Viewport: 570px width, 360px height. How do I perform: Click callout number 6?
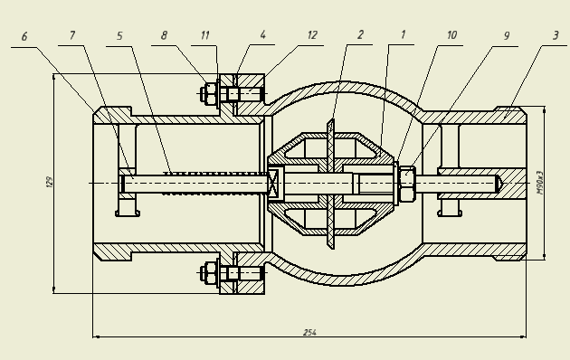(24, 37)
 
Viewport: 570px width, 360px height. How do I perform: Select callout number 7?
(72, 35)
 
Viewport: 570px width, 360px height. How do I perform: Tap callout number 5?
(119, 35)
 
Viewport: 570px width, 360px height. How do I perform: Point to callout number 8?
(164, 35)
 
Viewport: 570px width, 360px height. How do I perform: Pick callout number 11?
(205, 35)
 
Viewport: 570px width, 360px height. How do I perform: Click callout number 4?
(262, 34)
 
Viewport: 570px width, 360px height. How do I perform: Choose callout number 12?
(312, 35)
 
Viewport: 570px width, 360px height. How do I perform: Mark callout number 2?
(360, 34)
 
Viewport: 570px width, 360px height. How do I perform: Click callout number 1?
(403, 34)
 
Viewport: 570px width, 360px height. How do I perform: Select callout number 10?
(451, 35)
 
